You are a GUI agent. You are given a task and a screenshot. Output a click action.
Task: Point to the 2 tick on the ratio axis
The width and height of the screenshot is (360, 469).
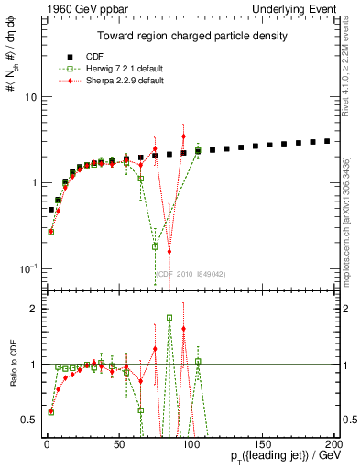point(30,309)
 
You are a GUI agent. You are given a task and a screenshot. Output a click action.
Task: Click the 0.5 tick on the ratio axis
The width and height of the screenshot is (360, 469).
point(27,420)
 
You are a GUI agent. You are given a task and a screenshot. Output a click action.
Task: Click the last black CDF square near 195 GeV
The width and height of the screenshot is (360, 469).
point(327,141)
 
